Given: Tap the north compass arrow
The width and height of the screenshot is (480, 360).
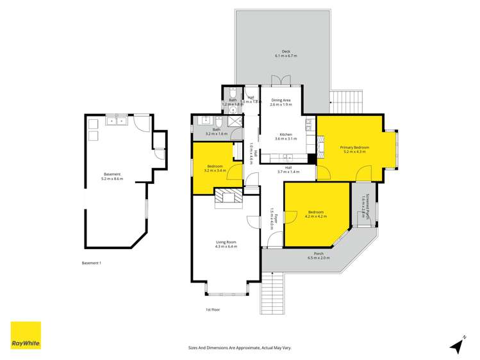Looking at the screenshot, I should coord(456,346).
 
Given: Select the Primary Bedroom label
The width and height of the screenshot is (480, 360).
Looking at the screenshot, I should coord(354,147).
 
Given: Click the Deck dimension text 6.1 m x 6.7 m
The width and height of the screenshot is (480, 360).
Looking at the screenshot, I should coord(286,56).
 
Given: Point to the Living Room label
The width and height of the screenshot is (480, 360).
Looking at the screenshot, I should coord(226,241).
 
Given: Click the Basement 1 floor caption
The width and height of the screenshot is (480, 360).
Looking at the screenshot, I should coord(92,263).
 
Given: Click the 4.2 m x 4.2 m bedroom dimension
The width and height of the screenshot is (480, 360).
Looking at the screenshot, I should coord(315,217).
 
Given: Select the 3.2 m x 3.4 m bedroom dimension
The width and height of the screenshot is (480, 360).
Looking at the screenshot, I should coord(215,171).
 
